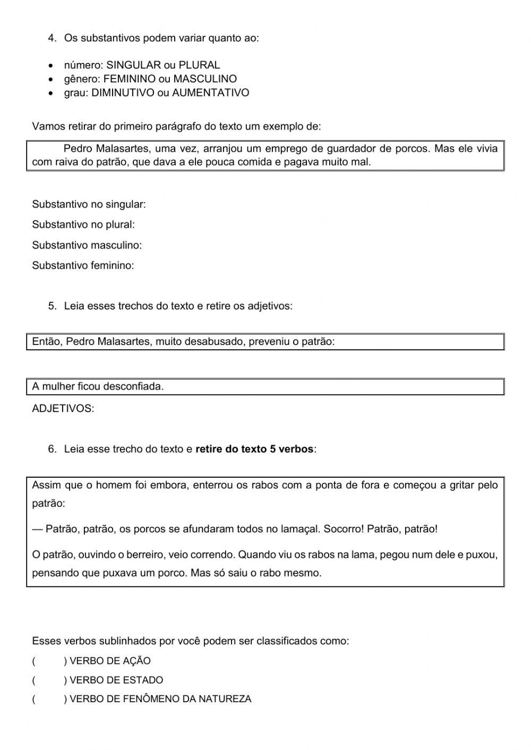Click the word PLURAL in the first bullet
coord(199,65)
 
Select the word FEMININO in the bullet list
coord(125,79)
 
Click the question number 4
coord(52,38)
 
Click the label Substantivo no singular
coord(89,204)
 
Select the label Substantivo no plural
coord(83,225)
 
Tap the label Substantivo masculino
coord(87,245)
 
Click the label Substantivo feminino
coord(83,265)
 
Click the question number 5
coord(52,306)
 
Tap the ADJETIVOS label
coord(63,409)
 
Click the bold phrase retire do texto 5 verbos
coord(254,449)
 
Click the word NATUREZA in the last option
coord(225,700)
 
